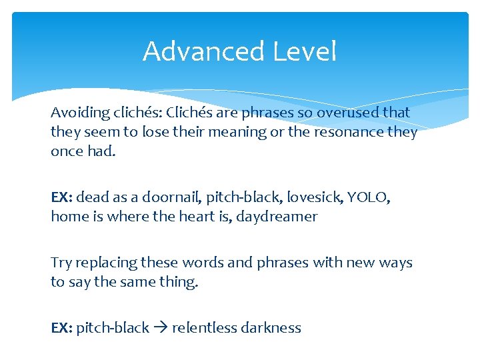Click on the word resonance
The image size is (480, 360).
click(x=355, y=132)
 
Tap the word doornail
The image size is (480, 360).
click(x=169, y=197)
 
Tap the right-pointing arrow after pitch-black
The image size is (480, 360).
click(x=161, y=328)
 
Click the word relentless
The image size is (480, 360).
click(x=203, y=328)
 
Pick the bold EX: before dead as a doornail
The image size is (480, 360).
click(x=62, y=198)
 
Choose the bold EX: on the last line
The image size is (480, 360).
click(x=62, y=329)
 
